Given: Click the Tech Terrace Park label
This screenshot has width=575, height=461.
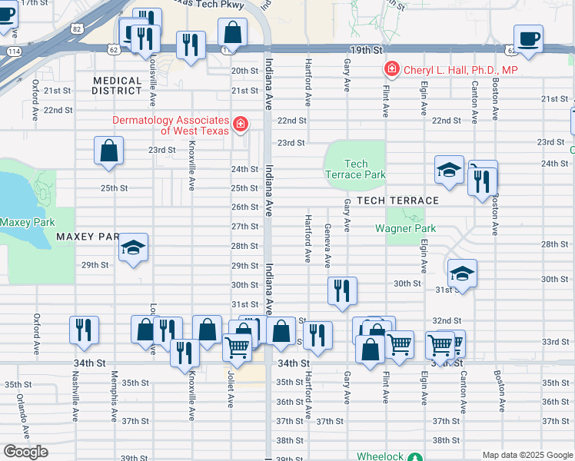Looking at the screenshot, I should pyautogui.click(x=355, y=169).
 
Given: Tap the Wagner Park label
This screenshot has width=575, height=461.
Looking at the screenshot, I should pyautogui.click(x=405, y=228).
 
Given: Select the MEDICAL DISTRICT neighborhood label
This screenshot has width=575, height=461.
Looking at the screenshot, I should pyautogui.click(x=118, y=85).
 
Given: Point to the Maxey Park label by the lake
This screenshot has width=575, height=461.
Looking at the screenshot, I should pyautogui.click(x=27, y=222).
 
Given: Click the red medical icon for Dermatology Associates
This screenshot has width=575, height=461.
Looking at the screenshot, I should pyautogui.click(x=241, y=124).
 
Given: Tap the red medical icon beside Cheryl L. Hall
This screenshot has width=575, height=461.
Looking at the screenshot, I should pyautogui.click(x=392, y=70).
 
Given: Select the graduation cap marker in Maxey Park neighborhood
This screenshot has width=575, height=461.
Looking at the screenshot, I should pyautogui.click(x=134, y=248).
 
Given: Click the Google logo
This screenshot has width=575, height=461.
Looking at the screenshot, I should pyautogui.click(x=25, y=452).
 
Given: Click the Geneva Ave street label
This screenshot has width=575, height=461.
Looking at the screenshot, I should pyautogui.click(x=328, y=245).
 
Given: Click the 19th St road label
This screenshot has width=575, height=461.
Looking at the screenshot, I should pyautogui.click(x=364, y=49).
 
